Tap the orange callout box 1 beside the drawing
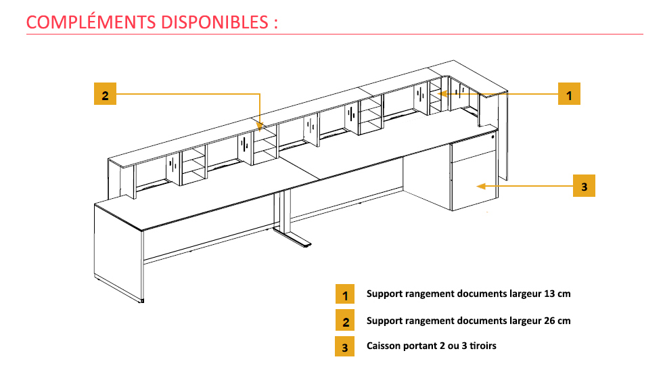pos(569,95)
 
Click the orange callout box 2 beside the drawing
pos(105,95)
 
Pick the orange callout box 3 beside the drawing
pos(585,186)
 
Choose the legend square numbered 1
pos(345,295)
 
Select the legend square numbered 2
pos(345,321)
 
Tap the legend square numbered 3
pos(345,346)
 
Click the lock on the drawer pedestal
pos(493,137)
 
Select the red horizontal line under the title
pos(338,34)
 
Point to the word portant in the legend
pos(420,346)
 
